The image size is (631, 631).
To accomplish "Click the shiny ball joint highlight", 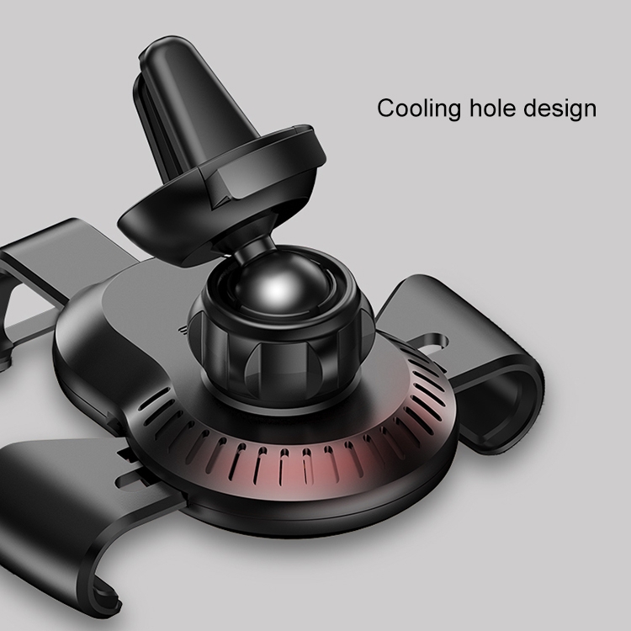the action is coord(278,289).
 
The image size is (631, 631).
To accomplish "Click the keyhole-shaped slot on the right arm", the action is coord(432,343).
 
